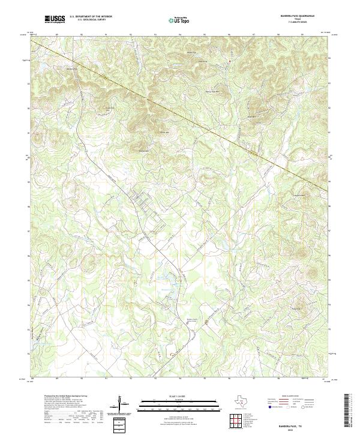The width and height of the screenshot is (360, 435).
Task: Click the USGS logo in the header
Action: [55, 19]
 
